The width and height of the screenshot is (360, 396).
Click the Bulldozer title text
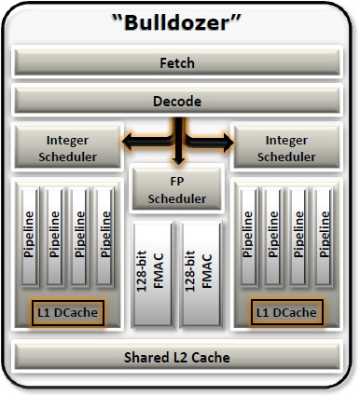pos(176,22)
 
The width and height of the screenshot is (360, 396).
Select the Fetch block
pos(177,61)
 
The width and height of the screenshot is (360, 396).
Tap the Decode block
pos(177,101)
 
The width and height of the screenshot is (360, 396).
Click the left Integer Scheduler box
pos(67,147)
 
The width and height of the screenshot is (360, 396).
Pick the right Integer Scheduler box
pos(286,147)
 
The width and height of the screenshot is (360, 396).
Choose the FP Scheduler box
pos(177,189)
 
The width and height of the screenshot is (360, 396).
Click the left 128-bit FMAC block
pos(153,274)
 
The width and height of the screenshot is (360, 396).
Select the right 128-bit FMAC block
pos(201,274)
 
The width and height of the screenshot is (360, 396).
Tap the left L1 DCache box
pos(68,312)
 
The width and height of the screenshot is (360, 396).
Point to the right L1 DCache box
pos(286,312)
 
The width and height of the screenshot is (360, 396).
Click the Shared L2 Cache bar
pos(177,357)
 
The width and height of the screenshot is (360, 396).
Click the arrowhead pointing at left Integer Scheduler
pos(129,142)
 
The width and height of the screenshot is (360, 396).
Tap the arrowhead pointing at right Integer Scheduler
pos(227,143)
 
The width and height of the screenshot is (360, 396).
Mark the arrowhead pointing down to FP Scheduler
pos(178,160)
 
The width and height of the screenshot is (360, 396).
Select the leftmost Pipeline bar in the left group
pos(30,236)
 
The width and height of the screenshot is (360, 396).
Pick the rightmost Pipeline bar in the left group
pos(104,236)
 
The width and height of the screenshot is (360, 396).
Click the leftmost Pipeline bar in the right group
pos(249,236)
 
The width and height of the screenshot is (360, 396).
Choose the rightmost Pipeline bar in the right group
pos(324,236)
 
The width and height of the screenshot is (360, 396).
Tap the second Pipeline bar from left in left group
pos(55,236)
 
